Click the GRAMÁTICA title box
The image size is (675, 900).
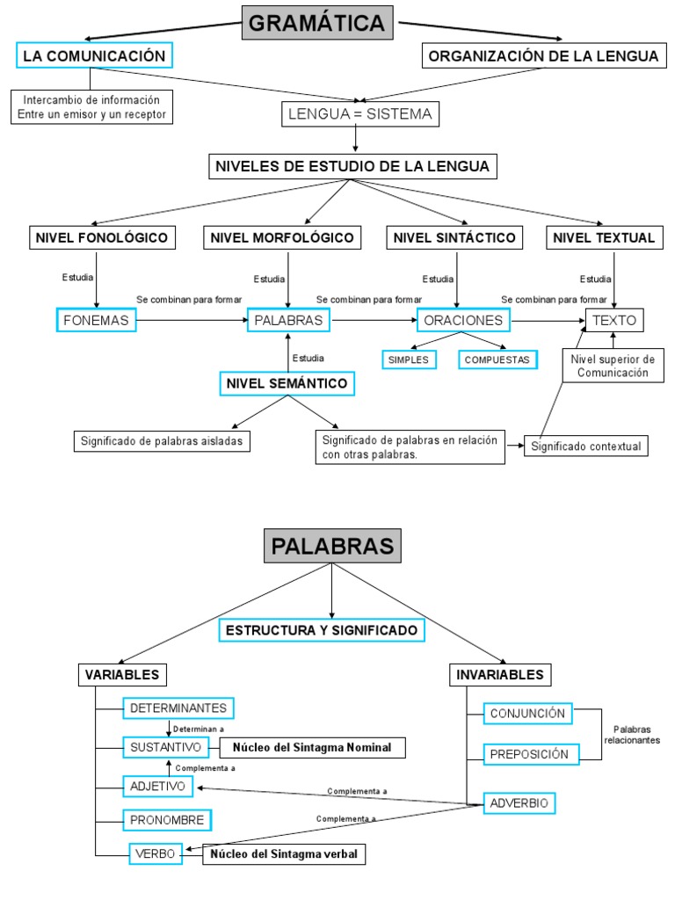pos(316,23)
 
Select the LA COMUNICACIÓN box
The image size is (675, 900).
pos(94,56)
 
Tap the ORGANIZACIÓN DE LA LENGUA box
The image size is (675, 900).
pos(542,56)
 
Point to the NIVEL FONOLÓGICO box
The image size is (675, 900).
pos(100,237)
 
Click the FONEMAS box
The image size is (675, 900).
pos(96,321)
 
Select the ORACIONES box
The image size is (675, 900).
pos(463,321)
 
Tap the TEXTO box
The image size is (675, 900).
pos(614,321)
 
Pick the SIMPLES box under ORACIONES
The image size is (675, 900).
pos(408,359)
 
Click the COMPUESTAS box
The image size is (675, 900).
pos(497,359)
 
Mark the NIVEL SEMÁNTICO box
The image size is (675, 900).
pos(287,384)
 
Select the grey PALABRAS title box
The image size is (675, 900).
pos(332,546)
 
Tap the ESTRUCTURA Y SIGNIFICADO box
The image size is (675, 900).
pos(322,630)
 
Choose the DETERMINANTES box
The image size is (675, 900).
pos(178,708)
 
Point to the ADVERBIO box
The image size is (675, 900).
pos(519,803)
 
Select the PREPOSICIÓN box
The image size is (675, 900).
pos(528,754)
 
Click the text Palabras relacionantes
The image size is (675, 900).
pos(632,735)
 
